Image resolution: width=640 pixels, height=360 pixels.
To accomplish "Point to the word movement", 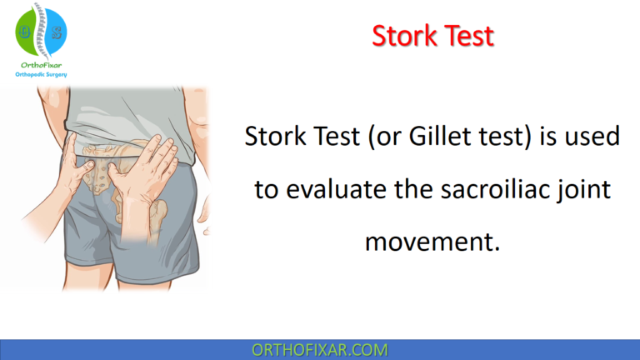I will pos(432,242).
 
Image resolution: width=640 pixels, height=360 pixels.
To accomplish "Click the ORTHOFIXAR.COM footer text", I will pos(319,349).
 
